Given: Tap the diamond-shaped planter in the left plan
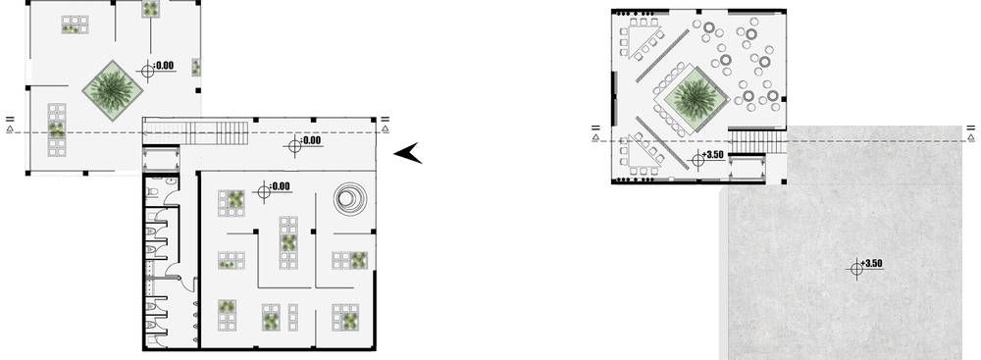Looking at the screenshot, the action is point(113,91).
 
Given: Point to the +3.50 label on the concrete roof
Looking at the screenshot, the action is point(871,264).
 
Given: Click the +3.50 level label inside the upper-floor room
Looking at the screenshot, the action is point(712,155).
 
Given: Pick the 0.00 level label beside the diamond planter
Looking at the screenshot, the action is point(164,65).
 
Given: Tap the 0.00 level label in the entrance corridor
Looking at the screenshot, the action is point(311,140).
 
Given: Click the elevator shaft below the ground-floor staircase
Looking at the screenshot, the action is point(161,159).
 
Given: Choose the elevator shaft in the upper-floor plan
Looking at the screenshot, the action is point(747,168).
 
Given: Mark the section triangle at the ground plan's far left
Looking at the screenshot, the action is point(10,129).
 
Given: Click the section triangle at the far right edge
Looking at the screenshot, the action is point(970,136).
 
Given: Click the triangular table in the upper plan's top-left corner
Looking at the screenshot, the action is point(646,39).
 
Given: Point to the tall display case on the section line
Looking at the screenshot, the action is point(57,129).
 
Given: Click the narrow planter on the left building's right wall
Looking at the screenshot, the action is point(196,67).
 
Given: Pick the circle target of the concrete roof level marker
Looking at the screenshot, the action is point(855,269).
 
